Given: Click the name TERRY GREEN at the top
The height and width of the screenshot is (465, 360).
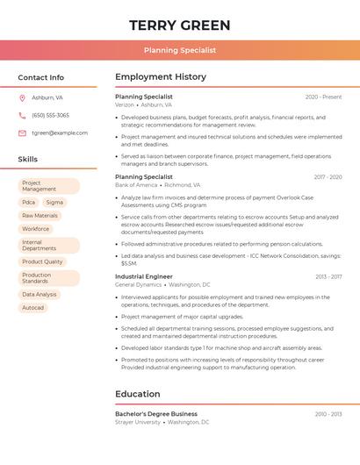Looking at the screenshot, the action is coord(180,25).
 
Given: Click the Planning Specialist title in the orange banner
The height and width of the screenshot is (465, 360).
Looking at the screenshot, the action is coord(180,50).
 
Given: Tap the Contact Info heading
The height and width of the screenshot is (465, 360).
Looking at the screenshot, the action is coord(41,77).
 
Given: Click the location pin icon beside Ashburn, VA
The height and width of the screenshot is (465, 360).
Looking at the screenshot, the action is coord(22,98).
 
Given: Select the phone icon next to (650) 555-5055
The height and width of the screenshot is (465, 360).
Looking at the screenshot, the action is coord(22,116).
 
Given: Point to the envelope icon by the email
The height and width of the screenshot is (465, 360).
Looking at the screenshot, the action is coord(22,133).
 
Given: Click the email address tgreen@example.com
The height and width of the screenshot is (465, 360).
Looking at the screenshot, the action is coord(60,133).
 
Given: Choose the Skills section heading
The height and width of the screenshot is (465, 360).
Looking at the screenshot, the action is coord(28,159).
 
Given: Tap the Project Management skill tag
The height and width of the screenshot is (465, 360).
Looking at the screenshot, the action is coord(48,186).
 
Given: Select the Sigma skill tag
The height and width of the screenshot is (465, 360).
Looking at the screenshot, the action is coord(54,202).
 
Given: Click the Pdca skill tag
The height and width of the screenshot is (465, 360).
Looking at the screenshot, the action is coord(29,202).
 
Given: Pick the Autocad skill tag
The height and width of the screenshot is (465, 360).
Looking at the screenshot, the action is coord(32,308).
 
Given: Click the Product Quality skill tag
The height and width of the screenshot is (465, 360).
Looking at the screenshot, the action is coord(42,261).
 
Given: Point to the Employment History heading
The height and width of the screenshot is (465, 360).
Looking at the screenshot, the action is coord(161,77).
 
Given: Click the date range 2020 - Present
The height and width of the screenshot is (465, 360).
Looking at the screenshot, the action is coord(323,97).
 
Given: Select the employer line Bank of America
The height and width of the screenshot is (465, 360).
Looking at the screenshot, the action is coord(135,185).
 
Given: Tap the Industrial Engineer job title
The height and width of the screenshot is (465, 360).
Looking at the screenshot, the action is coord(143,276).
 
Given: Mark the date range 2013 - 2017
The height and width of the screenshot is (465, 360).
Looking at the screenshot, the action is coord(328,276).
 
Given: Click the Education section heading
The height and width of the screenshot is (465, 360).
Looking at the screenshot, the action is coord(138,394).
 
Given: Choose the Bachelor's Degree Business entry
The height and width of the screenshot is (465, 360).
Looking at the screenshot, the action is coord(156,414).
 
